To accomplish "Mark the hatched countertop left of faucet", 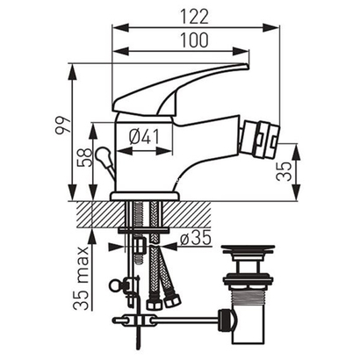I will click(x=97, y=211).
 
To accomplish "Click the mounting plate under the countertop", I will click(x=145, y=230).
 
